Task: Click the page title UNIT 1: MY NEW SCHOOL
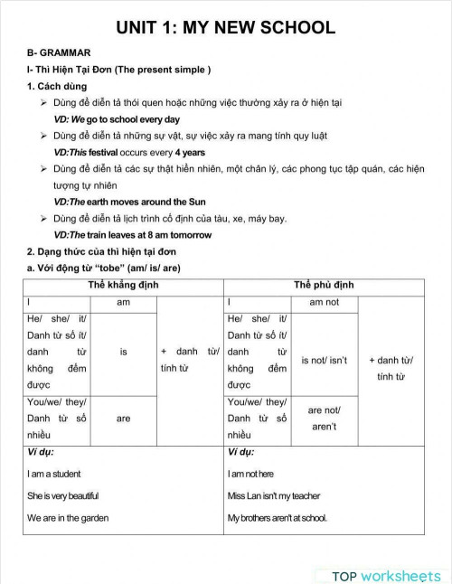(225, 27)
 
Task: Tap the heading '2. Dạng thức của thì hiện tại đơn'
(101, 251)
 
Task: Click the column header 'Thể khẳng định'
(124, 286)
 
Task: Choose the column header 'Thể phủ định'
(324, 286)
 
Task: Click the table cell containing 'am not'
(324, 302)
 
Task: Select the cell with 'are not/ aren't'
(323, 418)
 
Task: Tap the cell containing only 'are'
(124, 419)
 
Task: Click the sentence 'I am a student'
(53, 474)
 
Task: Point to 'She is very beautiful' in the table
(62, 495)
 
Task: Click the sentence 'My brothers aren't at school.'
(278, 518)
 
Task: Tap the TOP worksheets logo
(385, 576)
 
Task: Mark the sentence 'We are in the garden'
(68, 518)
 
